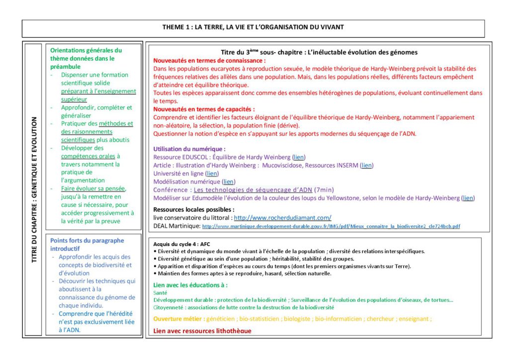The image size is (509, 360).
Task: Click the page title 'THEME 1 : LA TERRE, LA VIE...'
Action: coord(253,27)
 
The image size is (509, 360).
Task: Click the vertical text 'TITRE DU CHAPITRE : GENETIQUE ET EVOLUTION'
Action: coord(34,189)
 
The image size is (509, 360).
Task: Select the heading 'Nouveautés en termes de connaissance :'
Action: coord(209,60)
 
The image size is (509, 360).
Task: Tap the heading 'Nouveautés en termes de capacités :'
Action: coord(204,109)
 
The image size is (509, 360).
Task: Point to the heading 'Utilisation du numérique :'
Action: coord(189,149)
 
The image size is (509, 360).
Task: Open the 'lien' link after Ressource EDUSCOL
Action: coord(299,157)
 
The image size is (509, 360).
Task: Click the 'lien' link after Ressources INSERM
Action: coord(367,165)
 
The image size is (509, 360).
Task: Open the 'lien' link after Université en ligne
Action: coord(212,174)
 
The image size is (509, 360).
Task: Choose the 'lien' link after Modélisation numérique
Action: coord(229,181)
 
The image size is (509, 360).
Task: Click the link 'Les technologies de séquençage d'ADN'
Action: coord(253,190)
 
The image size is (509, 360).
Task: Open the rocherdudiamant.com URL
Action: coord(282,218)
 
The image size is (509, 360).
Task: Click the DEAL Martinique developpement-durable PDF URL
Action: coord(331,226)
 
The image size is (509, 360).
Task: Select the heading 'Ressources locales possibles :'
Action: coord(193,209)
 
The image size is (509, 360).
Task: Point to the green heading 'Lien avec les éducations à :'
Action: coord(190,285)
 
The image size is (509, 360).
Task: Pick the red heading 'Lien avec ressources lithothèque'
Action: coord(202,331)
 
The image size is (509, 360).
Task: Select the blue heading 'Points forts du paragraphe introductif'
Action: coord(87,244)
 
